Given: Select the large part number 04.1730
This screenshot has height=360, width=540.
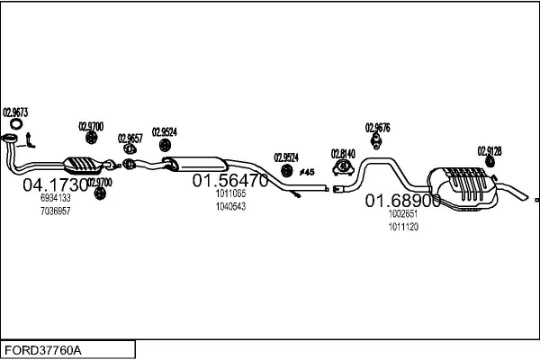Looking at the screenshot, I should tap(54, 185).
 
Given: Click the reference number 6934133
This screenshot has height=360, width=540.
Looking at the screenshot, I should tap(55, 197).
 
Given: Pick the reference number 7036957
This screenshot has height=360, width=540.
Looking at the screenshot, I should tap(55, 211).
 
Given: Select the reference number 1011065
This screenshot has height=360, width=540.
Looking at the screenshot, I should tap(230, 193).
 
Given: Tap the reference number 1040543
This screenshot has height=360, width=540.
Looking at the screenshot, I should tap(230, 206).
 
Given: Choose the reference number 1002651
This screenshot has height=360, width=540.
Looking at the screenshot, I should tap(402, 214).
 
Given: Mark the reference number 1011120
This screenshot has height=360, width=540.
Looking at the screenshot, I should tap(402, 227).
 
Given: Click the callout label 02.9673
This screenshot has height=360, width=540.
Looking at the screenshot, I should tap(15, 112).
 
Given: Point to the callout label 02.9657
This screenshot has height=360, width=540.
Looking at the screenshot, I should tap(130, 138).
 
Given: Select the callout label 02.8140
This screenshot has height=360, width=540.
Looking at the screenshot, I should tap(343, 153).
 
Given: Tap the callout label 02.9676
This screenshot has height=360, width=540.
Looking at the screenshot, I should tap(377, 127).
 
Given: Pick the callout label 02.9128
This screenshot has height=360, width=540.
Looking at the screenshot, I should tap(490, 150).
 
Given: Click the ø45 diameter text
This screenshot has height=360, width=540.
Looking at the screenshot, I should tap(306, 171).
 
